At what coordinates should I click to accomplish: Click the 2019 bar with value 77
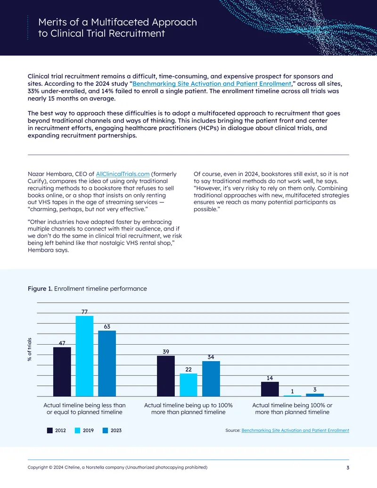point(85,356)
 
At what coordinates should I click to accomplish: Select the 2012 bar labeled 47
point(62,372)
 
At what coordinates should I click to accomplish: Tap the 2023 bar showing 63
point(107,364)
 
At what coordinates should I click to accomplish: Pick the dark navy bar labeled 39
point(166,376)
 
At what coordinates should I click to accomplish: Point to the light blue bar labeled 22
point(188,385)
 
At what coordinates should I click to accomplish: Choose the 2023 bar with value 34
point(211,379)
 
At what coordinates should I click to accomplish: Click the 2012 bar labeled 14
point(270,389)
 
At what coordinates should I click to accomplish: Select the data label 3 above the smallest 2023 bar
point(315,389)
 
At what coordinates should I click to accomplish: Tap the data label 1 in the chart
point(292,391)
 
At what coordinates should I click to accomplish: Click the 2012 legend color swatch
point(50,430)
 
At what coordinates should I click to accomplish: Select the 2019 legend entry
point(84,430)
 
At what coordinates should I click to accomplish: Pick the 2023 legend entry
point(112,430)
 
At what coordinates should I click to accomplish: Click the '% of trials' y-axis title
point(30,349)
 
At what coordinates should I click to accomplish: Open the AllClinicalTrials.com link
point(123,174)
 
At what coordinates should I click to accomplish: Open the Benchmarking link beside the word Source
point(295,430)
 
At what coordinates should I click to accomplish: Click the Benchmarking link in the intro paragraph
point(212,84)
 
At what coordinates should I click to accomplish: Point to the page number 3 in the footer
point(348,467)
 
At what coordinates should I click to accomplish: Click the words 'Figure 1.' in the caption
point(40,289)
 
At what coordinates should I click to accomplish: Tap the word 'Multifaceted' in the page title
point(118,23)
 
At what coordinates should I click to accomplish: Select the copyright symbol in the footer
point(50,467)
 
